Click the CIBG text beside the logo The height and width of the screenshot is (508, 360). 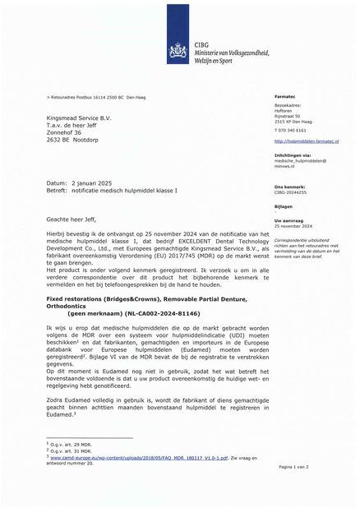tap(201, 40)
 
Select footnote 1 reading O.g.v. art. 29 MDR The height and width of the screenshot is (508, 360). tap(68, 444)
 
